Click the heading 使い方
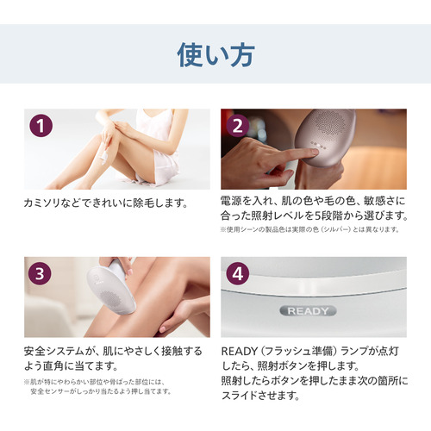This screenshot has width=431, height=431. pos(215,55)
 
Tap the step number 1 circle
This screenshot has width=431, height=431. pos(41,126)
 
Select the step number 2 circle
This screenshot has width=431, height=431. pos(238,126)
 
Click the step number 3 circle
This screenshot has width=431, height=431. pos(40,273)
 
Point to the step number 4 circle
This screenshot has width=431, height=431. pos(238,273)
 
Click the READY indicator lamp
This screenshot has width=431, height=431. pos(308,311)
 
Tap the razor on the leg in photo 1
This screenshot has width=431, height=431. pos(103,155)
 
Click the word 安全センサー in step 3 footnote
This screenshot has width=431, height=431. pos(48,391)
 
